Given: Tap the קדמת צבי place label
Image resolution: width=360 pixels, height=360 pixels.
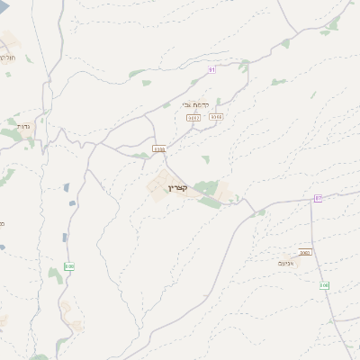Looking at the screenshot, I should coord(206,103).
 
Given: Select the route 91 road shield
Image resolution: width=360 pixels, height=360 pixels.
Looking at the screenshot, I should coord(211,68).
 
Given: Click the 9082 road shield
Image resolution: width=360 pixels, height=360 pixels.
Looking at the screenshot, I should coord(193,117).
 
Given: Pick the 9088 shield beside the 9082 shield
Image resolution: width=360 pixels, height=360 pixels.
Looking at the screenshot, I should coord(215,116).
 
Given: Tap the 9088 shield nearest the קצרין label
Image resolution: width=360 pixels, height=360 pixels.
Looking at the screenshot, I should coord(159,148).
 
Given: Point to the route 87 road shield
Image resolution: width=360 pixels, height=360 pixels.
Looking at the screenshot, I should coord(318,197).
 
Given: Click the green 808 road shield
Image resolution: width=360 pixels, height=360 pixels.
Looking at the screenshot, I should coord(325,285).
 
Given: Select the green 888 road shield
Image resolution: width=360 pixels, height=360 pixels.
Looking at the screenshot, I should coord(69,265).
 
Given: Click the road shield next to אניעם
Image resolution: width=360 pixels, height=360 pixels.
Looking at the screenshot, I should coord(305,252).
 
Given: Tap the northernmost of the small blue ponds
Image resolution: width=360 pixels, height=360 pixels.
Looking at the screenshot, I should coord(67,187).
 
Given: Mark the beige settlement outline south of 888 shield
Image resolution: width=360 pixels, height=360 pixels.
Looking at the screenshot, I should coord(67,310).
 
